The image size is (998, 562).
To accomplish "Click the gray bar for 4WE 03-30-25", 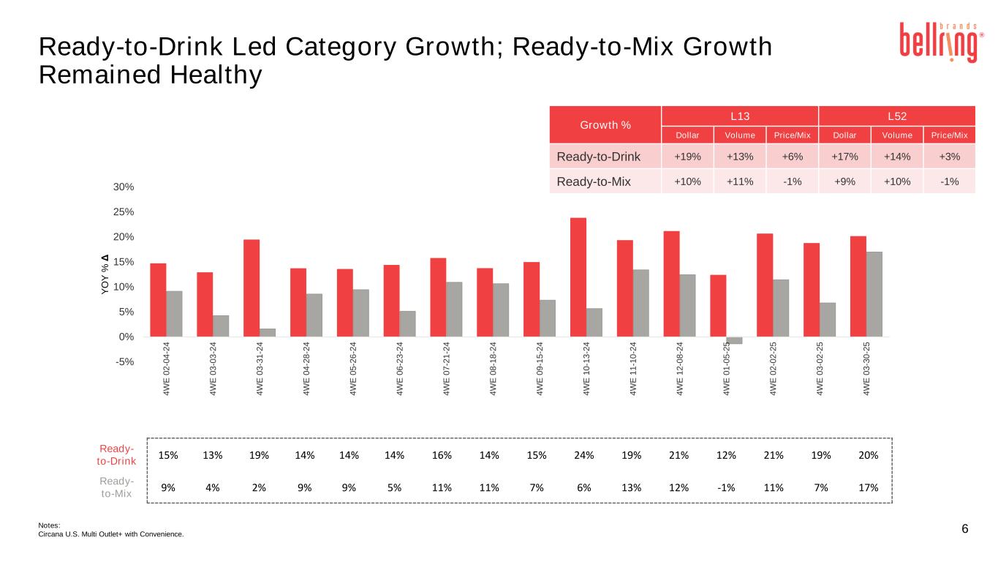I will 874,294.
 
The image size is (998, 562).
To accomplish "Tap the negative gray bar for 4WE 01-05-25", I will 734,340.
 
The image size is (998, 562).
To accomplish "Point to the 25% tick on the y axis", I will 124,212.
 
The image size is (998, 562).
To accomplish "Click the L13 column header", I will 739,116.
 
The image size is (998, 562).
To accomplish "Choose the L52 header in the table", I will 897,116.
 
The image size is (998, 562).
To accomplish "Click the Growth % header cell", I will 605,124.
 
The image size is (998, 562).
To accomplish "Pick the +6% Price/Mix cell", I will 792,157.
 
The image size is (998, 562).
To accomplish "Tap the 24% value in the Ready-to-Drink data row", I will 584,455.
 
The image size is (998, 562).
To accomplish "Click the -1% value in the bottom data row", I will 726,487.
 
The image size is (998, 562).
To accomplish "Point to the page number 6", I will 965,529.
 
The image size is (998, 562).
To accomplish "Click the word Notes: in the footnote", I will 49,525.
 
